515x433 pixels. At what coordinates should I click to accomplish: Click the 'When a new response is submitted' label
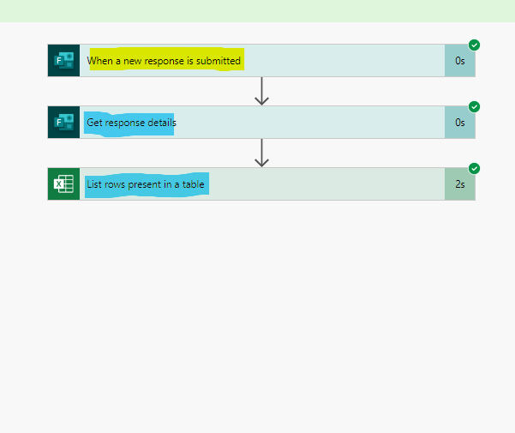pyautogui.click(x=164, y=61)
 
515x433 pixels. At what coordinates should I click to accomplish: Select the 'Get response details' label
pyautogui.click(x=131, y=123)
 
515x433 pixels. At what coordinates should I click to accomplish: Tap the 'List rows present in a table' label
pyautogui.click(x=145, y=184)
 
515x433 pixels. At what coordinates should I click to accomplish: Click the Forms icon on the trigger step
pyautogui.click(x=63, y=61)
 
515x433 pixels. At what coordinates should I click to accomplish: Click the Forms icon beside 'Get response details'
pyautogui.click(x=63, y=123)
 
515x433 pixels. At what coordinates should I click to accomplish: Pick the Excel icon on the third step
pyautogui.click(x=63, y=184)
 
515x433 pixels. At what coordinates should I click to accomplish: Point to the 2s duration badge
pyautogui.click(x=460, y=184)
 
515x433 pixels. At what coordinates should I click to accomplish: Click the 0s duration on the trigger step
pyautogui.click(x=460, y=61)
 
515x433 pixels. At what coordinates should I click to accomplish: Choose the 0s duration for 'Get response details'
pyautogui.click(x=460, y=123)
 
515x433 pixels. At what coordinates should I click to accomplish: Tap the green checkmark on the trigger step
pyautogui.click(x=474, y=45)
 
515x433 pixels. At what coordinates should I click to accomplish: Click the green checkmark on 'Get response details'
pyautogui.click(x=474, y=107)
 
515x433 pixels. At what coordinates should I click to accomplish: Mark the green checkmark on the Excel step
pyautogui.click(x=474, y=169)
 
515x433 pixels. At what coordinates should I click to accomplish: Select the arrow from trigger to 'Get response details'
pyautogui.click(x=262, y=91)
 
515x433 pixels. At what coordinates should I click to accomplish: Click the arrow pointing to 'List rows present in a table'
pyautogui.click(x=262, y=153)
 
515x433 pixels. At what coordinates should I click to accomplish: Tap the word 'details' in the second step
pyautogui.click(x=160, y=123)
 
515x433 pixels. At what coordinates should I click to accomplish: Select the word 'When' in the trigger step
pyautogui.click(x=99, y=61)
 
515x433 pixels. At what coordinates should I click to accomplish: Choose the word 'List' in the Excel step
pyautogui.click(x=94, y=184)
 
